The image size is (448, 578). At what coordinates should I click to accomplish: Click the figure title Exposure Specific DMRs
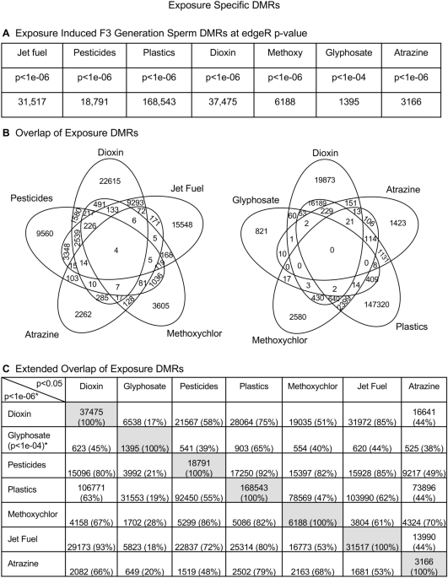point(224,8)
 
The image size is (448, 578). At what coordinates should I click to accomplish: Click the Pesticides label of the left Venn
point(31,197)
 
